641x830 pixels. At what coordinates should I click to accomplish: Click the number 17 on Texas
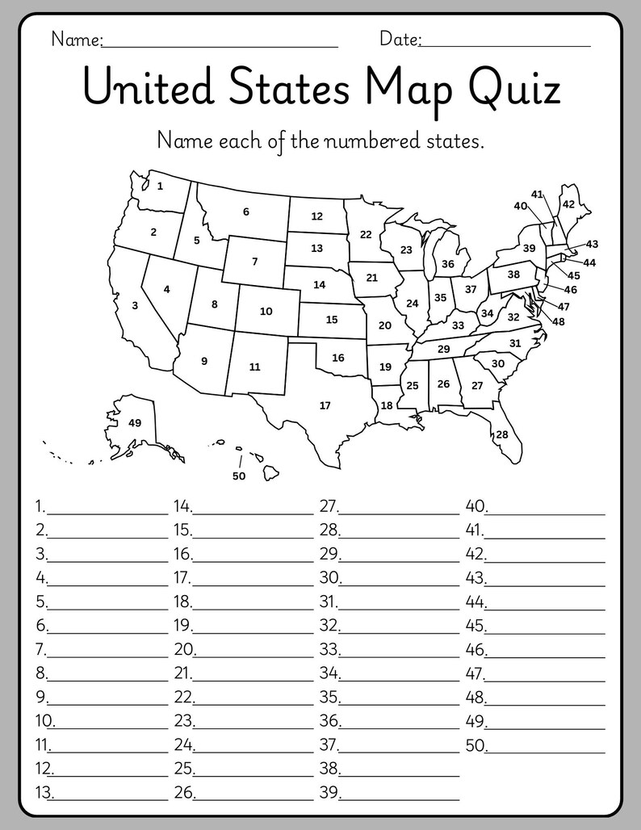point(325,405)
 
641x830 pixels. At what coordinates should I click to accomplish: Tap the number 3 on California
point(135,305)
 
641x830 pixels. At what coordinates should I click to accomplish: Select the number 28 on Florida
point(502,434)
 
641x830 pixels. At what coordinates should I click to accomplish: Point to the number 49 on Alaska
point(135,422)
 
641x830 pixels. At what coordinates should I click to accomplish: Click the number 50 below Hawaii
point(238,476)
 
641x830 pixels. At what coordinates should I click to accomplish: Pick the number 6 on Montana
point(245,212)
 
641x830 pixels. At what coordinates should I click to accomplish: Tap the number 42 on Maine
point(568,203)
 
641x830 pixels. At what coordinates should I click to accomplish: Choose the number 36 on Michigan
point(448,263)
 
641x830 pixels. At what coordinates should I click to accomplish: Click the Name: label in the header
point(77,39)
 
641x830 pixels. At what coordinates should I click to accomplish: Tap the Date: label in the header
point(400,39)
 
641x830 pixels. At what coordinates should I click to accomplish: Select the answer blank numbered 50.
point(545,747)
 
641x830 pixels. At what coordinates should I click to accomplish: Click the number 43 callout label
point(592,244)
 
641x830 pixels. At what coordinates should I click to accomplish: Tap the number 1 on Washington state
point(160,186)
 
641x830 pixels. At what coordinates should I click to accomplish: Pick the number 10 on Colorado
point(266,311)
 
